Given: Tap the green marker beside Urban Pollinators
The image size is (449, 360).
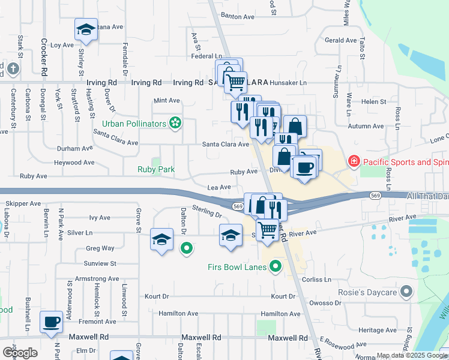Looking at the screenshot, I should [175, 124].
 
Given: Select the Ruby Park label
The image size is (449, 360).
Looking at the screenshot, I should [156, 170].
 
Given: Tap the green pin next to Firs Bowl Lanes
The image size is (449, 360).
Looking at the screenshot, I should [276, 265].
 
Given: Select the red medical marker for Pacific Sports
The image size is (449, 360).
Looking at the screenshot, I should [354, 162].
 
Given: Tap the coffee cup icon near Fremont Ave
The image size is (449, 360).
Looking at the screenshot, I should [52, 322].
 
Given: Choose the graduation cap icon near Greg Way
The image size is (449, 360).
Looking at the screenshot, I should [162, 239].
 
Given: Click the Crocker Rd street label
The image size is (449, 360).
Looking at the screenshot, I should [44, 57].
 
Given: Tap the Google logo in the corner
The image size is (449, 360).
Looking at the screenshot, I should [20, 352].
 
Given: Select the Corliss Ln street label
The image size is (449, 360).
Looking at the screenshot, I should [318, 280].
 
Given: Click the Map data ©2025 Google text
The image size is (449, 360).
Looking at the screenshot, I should [411, 356].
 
